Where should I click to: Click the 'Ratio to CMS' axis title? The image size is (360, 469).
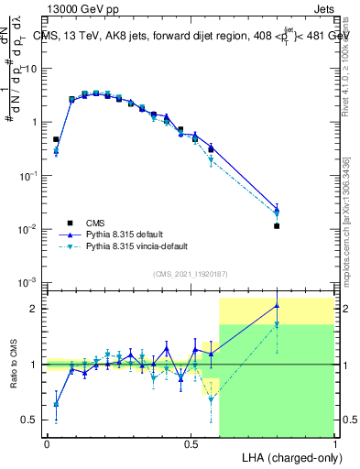coord(14,365)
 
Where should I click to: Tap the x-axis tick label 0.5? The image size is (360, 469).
coord(191,443)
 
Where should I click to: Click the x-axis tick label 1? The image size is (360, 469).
coord(334,443)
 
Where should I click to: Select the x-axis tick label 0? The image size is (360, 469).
coord(47,443)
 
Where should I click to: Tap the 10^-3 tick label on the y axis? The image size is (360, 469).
coord(30,280)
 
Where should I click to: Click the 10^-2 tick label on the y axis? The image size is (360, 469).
coord(30,228)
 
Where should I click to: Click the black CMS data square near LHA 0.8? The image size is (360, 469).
coord(277,225)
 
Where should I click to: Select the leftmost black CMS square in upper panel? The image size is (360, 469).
coord(56,139)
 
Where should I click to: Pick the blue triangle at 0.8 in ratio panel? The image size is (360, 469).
coord(277,306)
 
